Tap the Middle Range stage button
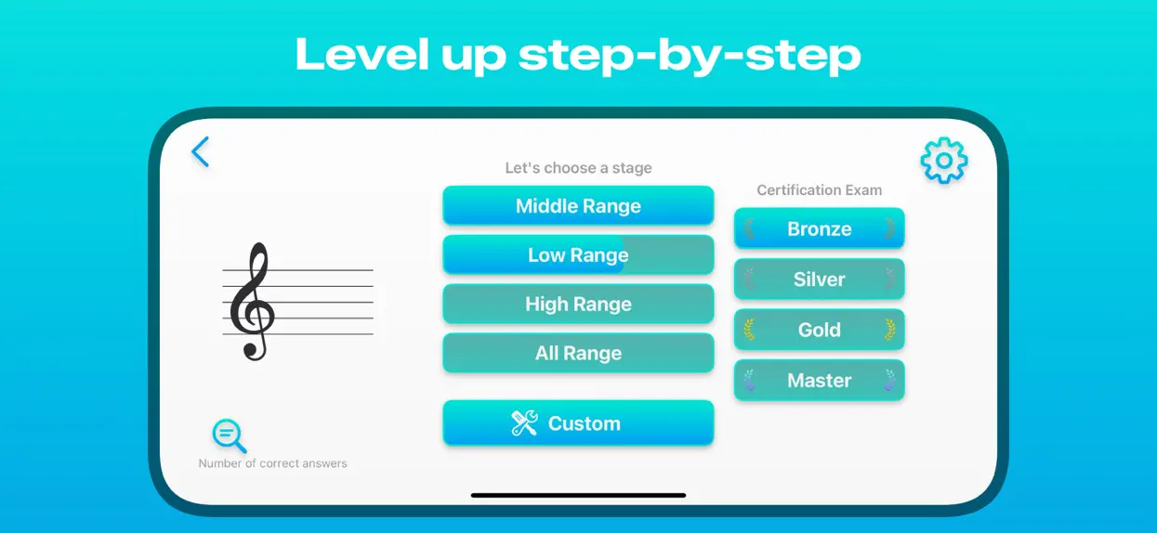tap(578, 205)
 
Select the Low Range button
tap(578, 254)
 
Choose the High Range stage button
tap(578, 304)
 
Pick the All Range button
tap(578, 353)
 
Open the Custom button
tap(578, 422)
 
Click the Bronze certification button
tap(820, 228)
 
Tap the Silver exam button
tap(820, 279)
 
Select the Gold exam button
tap(820, 330)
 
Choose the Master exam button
tap(820, 380)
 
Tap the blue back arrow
tap(200, 151)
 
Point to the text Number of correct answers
tap(272, 463)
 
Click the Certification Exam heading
tap(820, 189)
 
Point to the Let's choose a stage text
tap(578, 168)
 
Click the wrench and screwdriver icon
tap(524, 423)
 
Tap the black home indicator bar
tap(578, 495)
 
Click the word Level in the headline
tap(362, 54)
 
